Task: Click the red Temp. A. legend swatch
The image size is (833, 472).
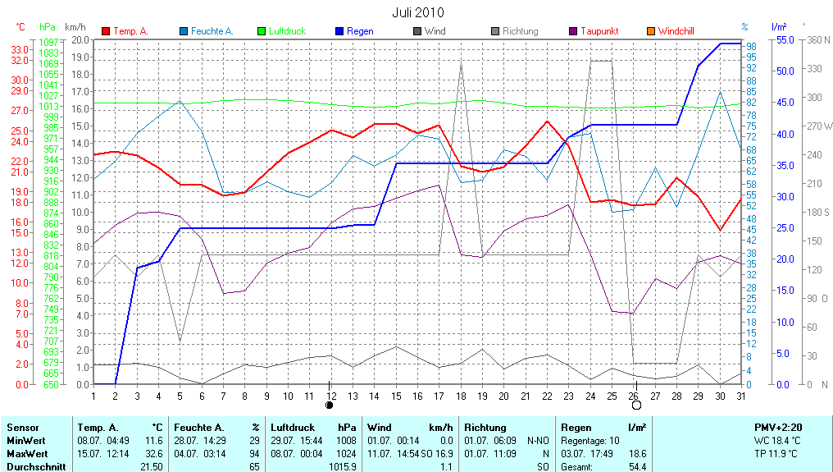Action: [x=106, y=31]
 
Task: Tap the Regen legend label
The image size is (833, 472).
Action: [x=360, y=31]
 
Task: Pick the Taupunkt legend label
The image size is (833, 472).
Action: [x=599, y=31]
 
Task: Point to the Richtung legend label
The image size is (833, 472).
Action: [x=520, y=31]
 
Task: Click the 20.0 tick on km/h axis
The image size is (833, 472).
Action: [x=80, y=39]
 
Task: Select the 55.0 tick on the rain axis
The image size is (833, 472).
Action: [x=784, y=39]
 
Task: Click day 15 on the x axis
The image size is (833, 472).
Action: [x=396, y=396]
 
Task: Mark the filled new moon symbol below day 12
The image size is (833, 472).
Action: [x=330, y=405]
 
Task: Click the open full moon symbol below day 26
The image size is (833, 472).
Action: [x=636, y=405]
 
